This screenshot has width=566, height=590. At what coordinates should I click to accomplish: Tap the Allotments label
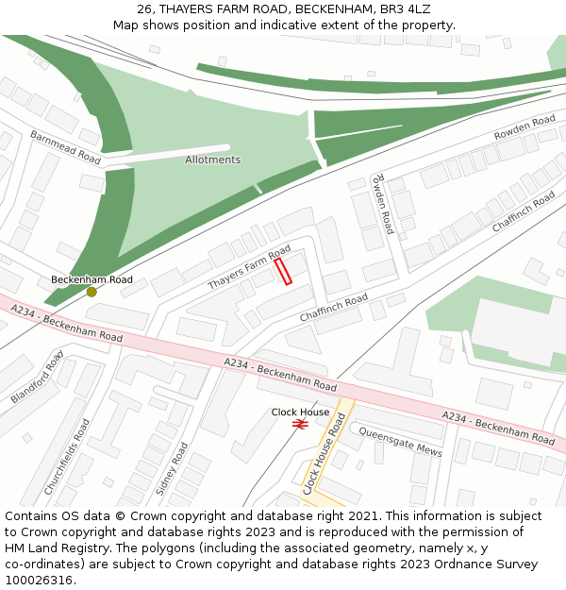click(x=212, y=160)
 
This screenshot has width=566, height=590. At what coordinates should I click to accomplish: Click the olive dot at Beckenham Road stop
click(x=92, y=292)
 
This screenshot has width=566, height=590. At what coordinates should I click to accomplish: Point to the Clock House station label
click(x=301, y=412)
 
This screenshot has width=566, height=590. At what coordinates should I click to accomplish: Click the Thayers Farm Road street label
click(x=249, y=268)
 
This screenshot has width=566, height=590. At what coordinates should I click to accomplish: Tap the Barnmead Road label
click(x=65, y=147)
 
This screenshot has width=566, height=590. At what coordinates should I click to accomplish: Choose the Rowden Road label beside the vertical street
click(x=381, y=204)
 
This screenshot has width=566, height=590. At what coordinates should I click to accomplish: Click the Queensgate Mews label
click(x=400, y=444)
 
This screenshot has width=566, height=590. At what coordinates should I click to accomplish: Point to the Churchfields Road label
click(x=67, y=458)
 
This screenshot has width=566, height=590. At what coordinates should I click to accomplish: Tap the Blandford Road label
click(x=37, y=377)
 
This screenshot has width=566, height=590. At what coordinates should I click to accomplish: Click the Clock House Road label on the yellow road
click(x=324, y=453)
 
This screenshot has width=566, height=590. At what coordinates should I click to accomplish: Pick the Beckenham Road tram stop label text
click(x=92, y=279)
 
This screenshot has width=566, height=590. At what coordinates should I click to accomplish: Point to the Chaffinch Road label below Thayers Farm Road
click(x=333, y=307)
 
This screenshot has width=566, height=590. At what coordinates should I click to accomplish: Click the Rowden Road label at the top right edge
click(x=524, y=128)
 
